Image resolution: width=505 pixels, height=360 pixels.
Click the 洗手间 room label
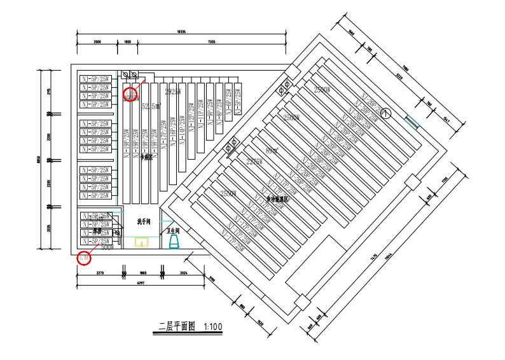[144, 222]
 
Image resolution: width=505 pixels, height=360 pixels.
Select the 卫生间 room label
[173, 231]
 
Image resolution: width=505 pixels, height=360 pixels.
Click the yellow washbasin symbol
[141, 242]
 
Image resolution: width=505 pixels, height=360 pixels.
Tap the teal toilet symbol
[174, 242]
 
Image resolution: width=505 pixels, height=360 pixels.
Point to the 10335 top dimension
[181, 32]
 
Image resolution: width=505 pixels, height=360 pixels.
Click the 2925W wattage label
[173, 92]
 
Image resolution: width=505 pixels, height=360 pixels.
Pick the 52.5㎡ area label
[151, 106]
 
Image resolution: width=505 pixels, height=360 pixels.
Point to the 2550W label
[228, 193]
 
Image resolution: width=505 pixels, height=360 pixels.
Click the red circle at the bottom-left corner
[84, 258]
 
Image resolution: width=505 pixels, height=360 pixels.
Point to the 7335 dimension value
[211, 41]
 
